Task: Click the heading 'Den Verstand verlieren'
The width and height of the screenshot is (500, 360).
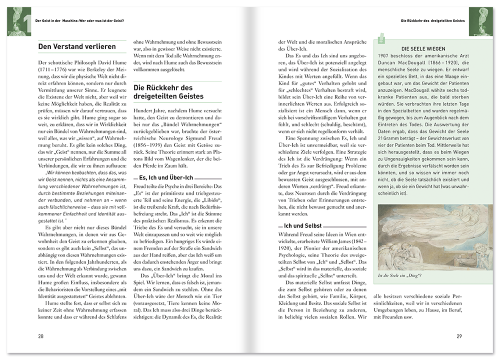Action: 77,47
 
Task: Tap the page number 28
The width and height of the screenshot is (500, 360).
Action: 41,336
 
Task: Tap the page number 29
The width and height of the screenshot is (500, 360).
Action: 458,336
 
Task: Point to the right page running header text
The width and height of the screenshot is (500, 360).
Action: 432,21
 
